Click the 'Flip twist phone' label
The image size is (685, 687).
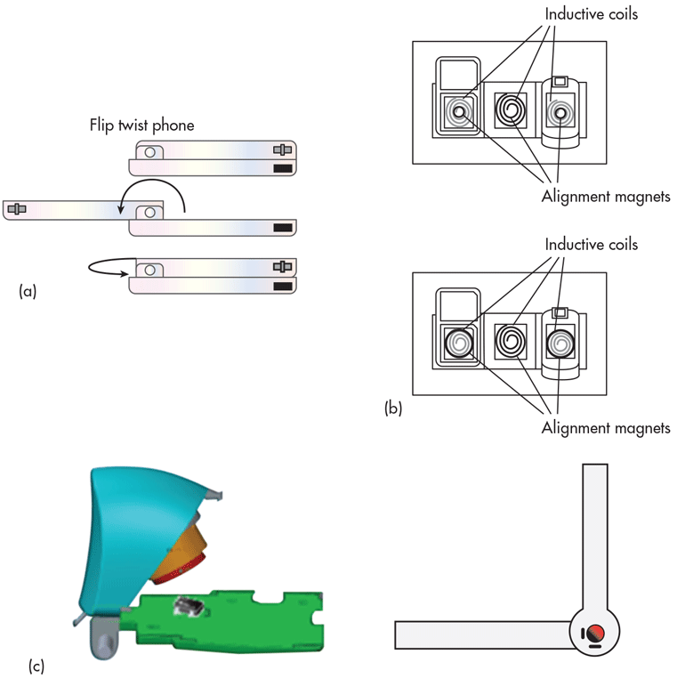coord(141,125)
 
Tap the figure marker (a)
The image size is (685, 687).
coord(28,290)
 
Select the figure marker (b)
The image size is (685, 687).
coord(393,409)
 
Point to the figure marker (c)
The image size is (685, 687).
coord(36,664)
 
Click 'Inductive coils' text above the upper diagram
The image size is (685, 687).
coord(592,13)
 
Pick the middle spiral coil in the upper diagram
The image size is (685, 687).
coord(511,111)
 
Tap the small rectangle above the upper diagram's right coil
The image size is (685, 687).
coord(560,81)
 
